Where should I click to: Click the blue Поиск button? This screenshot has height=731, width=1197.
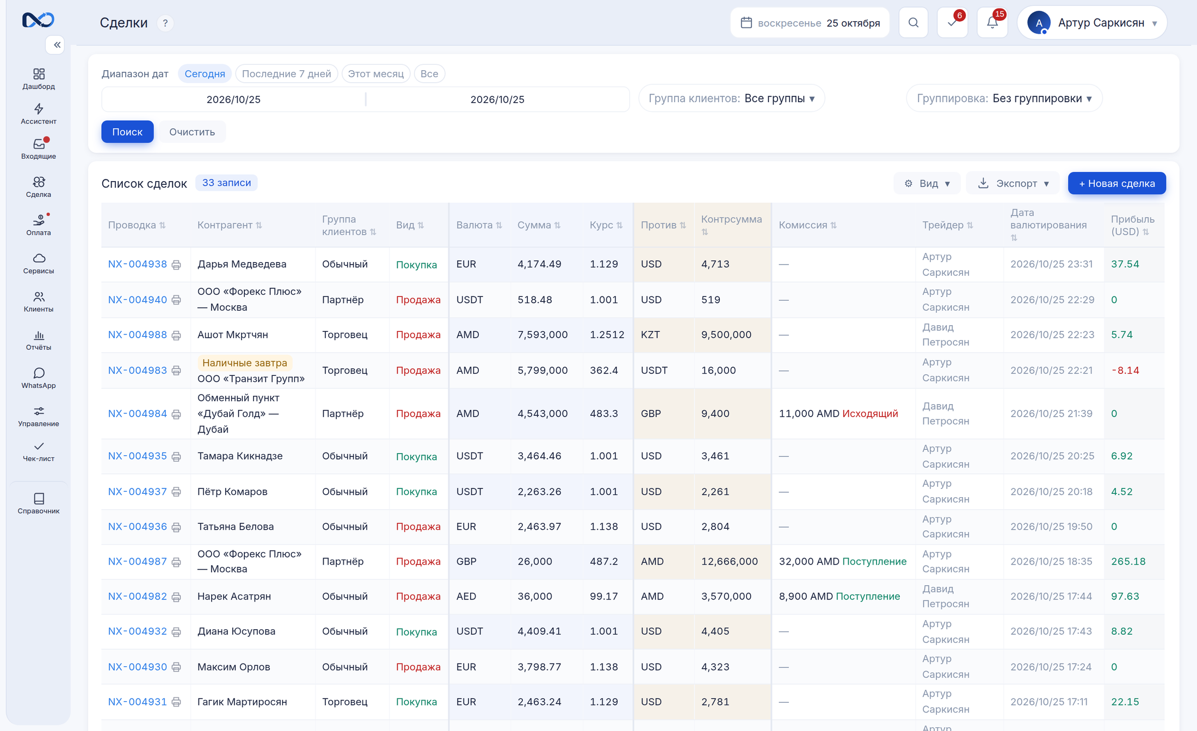point(127,132)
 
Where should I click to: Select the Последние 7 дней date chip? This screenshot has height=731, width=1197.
point(286,73)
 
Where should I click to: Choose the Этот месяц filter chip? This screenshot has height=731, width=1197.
point(376,73)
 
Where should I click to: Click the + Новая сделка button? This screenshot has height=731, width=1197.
point(1116,183)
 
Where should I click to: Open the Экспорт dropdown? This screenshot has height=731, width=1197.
point(1013,183)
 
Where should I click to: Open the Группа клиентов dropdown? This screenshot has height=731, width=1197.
point(731,98)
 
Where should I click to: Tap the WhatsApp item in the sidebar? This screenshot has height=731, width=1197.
point(39,378)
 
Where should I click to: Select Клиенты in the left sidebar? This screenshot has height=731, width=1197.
point(39,302)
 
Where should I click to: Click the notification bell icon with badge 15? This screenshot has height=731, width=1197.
point(992,23)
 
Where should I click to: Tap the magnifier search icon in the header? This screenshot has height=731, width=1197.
point(914,23)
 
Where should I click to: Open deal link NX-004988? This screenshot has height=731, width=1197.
point(137,334)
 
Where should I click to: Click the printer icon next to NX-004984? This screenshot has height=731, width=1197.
point(176,414)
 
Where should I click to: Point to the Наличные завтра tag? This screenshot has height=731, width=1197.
point(245,363)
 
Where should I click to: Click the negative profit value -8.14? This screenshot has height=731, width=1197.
point(1125,370)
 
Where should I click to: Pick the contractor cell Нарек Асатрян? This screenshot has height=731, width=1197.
point(234,596)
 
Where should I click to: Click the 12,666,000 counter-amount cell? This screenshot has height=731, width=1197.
point(729,561)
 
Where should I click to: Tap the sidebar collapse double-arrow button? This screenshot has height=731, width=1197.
point(55,45)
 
